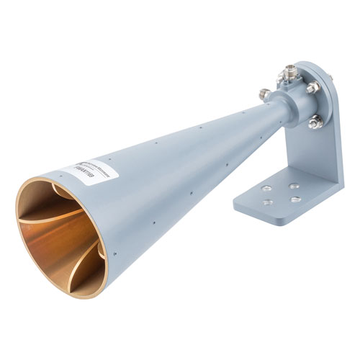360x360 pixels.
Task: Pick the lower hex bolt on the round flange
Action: (314, 123)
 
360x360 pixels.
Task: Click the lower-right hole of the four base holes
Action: (294, 199)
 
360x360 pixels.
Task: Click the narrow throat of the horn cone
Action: (248, 115)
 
